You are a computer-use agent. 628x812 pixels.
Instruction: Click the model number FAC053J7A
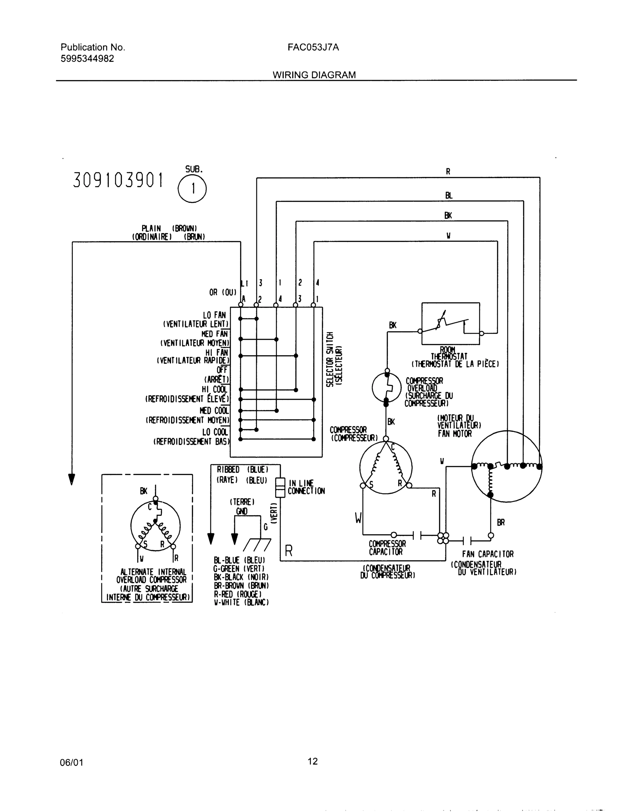click(313, 48)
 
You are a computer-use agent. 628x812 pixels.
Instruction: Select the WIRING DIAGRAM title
click(314, 75)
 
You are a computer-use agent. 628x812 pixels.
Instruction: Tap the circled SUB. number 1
click(192, 189)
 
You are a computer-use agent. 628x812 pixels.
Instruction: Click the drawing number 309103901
click(118, 181)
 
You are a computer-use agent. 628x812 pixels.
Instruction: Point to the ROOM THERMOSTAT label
click(449, 354)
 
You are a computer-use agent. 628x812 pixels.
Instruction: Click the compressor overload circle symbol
click(387, 388)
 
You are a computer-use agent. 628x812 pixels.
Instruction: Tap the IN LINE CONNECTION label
click(306, 487)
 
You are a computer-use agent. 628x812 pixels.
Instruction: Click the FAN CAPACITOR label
click(488, 554)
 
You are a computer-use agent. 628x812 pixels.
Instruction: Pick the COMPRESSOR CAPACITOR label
click(387, 548)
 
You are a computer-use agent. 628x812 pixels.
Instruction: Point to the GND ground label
click(241, 512)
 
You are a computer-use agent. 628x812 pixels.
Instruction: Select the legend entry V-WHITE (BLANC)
click(241, 602)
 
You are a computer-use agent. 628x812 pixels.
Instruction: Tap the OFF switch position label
click(222, 370)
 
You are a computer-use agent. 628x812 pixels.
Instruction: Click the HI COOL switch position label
click(214, 389)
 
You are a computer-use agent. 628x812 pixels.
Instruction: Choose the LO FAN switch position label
click(214, 315)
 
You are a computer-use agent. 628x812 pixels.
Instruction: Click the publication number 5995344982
click(87, 59)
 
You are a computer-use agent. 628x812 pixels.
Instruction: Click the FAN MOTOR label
click(455, 433)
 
